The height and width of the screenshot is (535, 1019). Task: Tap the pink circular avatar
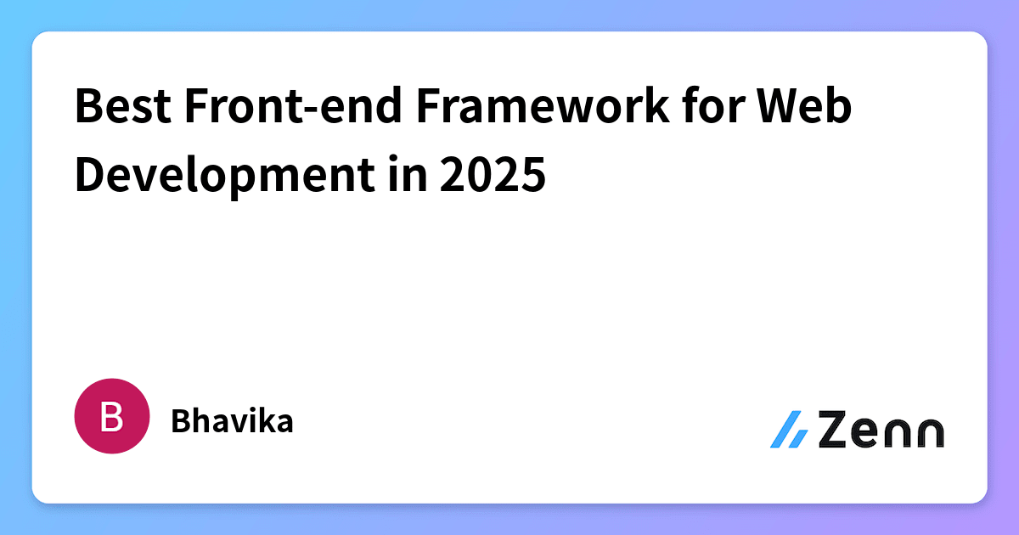pos(111,415)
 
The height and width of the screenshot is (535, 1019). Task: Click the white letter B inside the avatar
pos(111,416)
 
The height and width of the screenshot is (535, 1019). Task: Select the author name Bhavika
pos(232,421)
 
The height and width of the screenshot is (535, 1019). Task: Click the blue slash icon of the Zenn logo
pos(789,430)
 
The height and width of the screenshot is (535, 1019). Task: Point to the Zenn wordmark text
pos(881,431)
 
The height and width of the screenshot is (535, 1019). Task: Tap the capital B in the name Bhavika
pos(180,421)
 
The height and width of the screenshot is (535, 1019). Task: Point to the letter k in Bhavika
pos(267,421)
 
